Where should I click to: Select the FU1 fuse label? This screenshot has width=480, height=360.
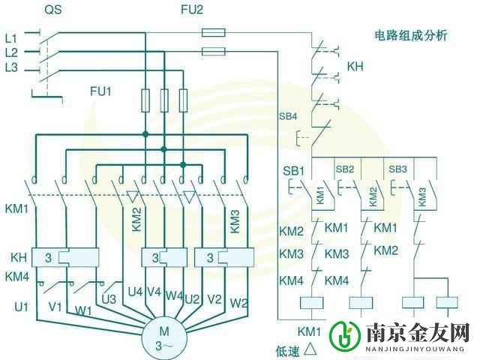pos(100,91)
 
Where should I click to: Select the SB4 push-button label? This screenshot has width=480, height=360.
pos(288,117)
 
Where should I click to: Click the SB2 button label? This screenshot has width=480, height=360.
pos(345,169)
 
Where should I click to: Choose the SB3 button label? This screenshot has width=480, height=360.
pos(397,169)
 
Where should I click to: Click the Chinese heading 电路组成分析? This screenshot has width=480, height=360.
pos(411,36)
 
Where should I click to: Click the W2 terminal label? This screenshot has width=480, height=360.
pos(238,302)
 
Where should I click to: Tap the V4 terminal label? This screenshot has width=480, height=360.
pos(154,292)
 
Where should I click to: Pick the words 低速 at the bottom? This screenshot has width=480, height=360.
pos(288,349)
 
